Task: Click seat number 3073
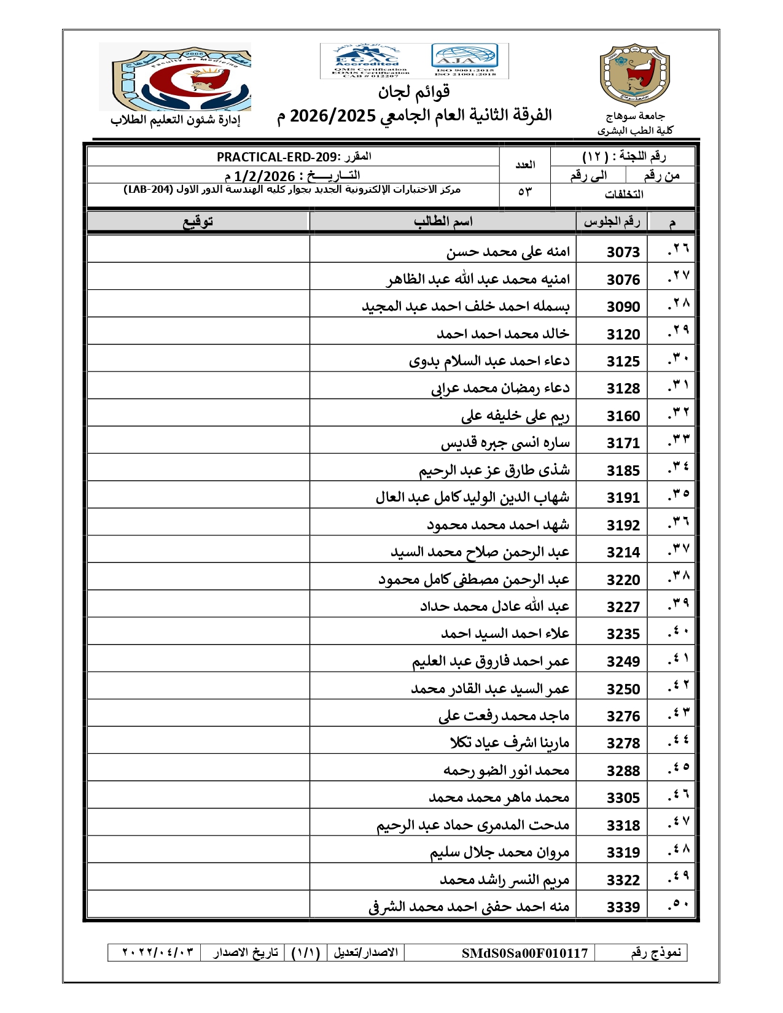pos(623,252)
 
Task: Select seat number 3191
pos(623,497)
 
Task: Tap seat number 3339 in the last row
pos(623,907)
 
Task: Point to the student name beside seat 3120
pos(502,333)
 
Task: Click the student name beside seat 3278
pos(509,743)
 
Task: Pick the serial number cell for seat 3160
pos(678,415)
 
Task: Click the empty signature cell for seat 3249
pos(198,661)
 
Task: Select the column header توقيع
pos(198,221)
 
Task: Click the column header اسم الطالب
pos(443,221)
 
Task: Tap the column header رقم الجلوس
pos(612,221)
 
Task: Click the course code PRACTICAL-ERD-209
pos(277,157)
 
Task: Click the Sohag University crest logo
pos(634,75)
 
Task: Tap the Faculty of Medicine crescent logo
pos(175,77)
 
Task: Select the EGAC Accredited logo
pos(367,61)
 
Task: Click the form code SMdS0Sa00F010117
pos(524,953)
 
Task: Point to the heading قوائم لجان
pos(413,92)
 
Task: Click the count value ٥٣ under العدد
pos(524,193)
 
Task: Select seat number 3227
pos(623,607)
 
